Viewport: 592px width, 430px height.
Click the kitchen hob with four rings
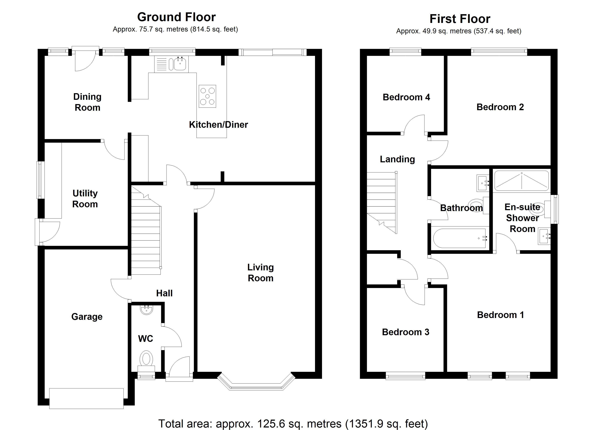[207, 96]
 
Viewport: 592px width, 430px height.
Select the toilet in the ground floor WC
[146, 359]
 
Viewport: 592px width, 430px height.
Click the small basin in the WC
[146, 310]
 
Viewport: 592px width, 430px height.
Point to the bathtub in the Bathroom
[459, 238]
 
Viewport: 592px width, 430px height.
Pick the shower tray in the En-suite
[521, 180]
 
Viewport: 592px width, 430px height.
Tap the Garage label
[87, 317]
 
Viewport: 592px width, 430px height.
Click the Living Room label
[260, 273]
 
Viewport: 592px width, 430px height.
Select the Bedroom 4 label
[406, 97]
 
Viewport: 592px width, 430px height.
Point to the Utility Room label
[85, 199]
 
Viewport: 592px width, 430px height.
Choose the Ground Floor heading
[177, 17]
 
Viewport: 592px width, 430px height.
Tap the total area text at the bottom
[293, 424]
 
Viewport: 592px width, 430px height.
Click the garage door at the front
[86, 398]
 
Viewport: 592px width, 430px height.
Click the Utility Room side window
[40, 180]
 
